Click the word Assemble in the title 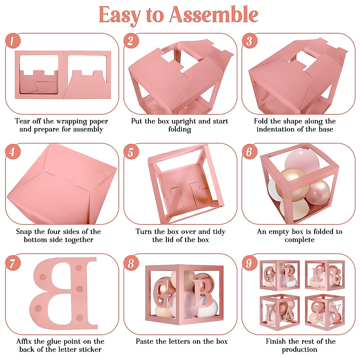214,15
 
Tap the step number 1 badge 13,41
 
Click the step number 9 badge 249,263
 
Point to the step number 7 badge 13,263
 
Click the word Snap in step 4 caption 24,232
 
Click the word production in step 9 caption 299,350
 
